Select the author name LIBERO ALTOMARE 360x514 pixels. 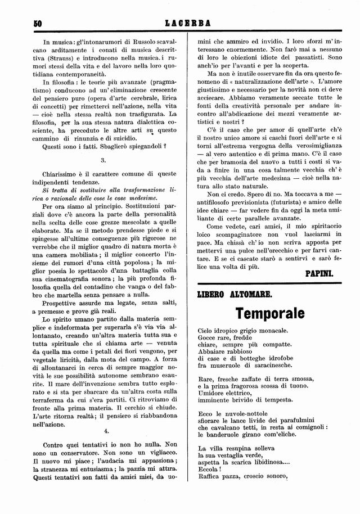235,294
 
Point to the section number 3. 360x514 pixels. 111,160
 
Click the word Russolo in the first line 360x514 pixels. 140,42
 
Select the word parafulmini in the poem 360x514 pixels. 286,421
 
